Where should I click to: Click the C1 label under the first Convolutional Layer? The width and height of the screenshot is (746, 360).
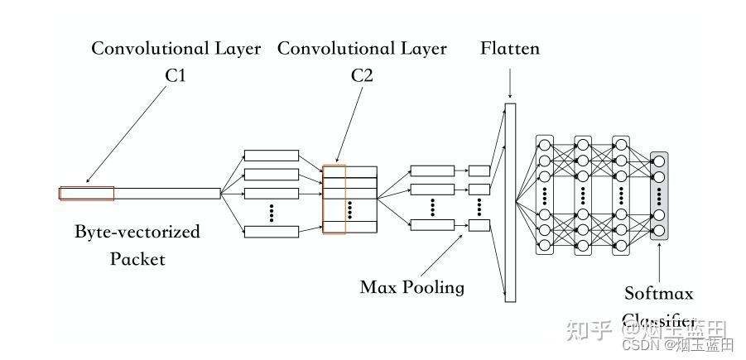[175, 75]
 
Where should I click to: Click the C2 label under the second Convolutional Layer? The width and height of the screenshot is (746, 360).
[362, 75]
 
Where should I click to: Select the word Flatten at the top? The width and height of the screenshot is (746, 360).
[509, 48]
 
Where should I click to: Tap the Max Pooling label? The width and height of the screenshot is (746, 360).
[412, 287]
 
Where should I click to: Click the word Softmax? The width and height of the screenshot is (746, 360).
[659, 293]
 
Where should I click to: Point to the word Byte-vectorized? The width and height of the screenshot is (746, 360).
[137, 231]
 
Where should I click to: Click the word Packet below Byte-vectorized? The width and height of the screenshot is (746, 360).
[137, 259]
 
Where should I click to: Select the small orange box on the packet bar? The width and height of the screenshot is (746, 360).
[86, 194]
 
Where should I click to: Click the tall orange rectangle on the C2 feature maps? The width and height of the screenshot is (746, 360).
[334, 199]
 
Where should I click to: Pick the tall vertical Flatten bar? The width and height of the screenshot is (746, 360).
[510, 199]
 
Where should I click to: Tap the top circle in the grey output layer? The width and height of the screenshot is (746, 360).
[659, 161]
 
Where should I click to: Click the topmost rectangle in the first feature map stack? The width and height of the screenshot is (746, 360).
[271, 156]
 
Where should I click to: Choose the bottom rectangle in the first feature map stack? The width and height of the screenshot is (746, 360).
[271, 232]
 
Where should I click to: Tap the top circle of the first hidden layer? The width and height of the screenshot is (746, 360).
[544, 146]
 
